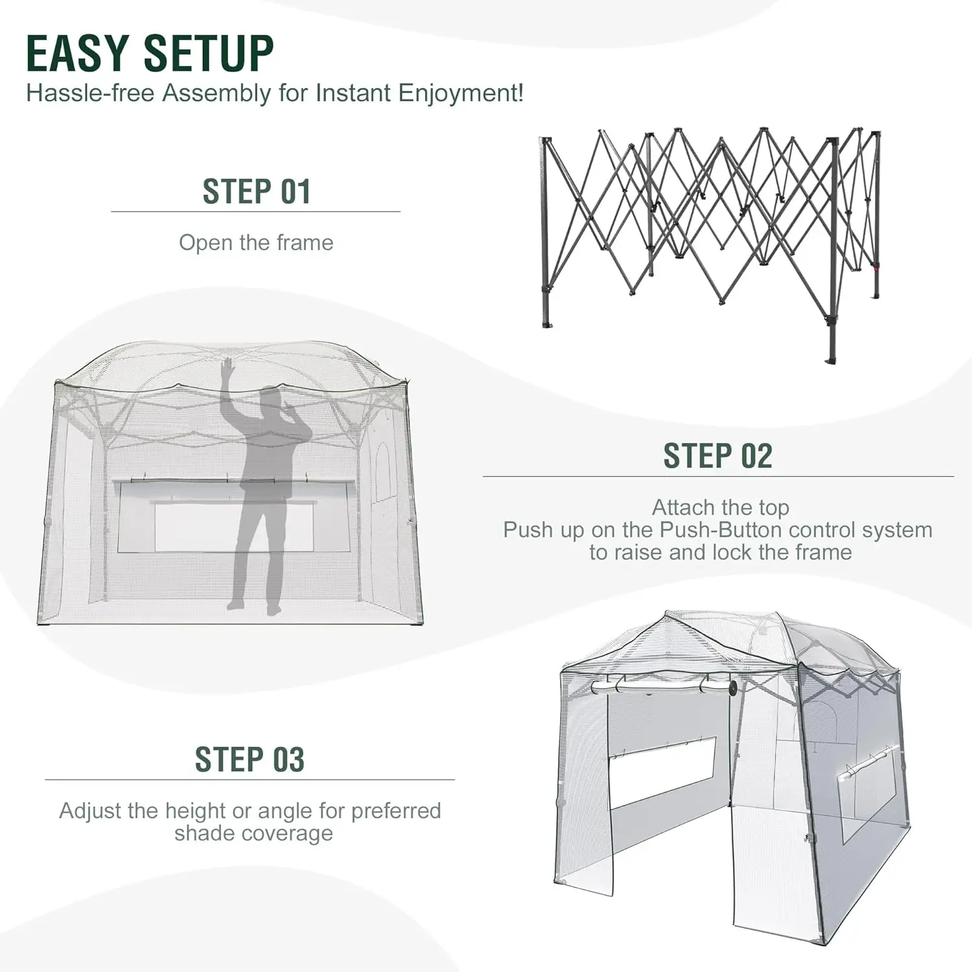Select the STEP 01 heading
click(x=257, y=192)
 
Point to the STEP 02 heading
click(x=718, y=456)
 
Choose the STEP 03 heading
click(x=249, y=759)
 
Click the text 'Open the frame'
click(x=256, y=243)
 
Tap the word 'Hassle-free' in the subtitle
click(x=90, y=93)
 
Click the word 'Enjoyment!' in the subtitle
click(x=461, y=93)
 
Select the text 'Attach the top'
click(x=721, y=507)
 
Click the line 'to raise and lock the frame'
click(x=721, y=553)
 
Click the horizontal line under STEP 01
click(x=256, y=212)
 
